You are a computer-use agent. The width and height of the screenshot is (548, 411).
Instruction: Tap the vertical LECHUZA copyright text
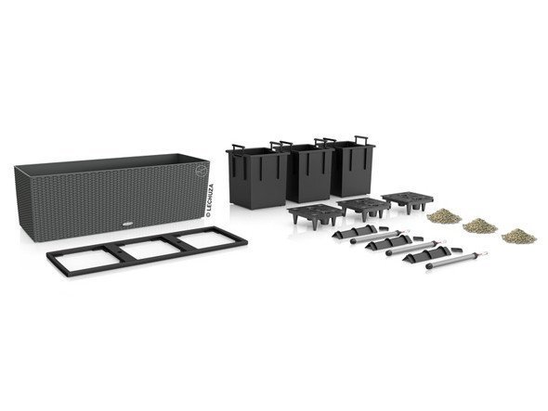point(210,200)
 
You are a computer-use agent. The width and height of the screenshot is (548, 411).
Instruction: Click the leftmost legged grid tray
point(315,216)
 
